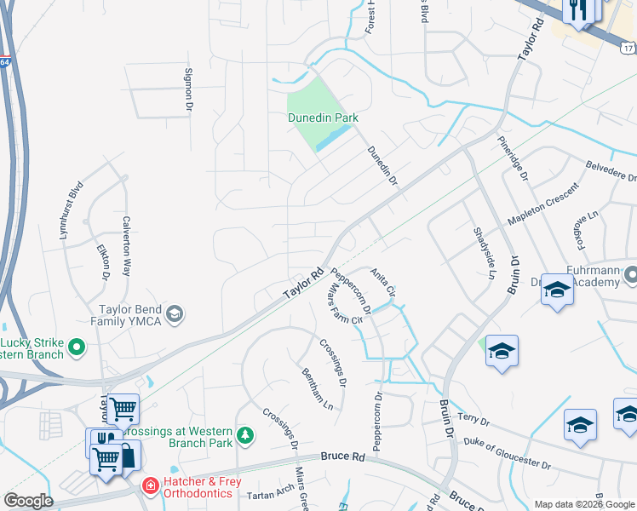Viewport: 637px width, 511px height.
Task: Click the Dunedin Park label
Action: point(322,118)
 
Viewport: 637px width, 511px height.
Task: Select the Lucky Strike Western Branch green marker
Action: point(77,346)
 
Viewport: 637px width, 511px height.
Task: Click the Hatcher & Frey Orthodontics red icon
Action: point(151,485)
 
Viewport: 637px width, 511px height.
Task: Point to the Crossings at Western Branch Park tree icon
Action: point(246,435)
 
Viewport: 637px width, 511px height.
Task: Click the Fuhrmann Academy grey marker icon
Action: point(631,275)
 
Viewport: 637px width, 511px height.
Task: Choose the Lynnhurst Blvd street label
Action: point(72,209)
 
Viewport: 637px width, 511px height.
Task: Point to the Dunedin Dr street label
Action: point(382,165)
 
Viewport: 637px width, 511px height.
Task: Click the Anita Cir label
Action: point(382,282)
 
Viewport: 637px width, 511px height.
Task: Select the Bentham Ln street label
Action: point(317,389)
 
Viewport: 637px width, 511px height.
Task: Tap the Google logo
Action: point(28,501)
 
